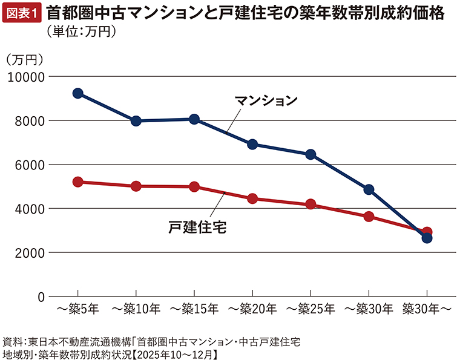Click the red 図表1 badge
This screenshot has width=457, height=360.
coord(22,13)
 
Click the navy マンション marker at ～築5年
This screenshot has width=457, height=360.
coord(77,93)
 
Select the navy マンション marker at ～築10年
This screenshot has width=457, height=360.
coord(136,121)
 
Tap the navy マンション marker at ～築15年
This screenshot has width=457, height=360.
coord(194,119)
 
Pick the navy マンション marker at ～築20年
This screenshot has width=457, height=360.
coord(252,145)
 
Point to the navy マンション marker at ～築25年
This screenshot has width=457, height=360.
coord(311,154)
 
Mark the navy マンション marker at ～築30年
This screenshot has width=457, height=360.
coord(369,189)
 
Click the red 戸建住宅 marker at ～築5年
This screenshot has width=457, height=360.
coord(77,182)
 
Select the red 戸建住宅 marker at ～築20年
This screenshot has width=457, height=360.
coord(252,198)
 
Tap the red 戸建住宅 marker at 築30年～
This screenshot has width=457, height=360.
coord(427,232)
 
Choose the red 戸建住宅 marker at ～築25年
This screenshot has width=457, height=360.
coord(311,205)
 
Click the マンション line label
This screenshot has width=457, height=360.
coord(266,100)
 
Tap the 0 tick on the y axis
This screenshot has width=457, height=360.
coord(41,296)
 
